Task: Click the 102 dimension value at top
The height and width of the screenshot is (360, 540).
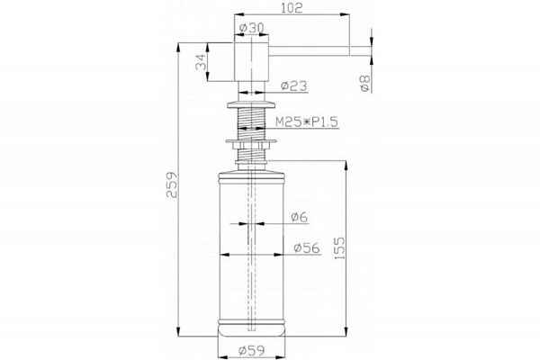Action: pyautogui.click(x=292, y=8)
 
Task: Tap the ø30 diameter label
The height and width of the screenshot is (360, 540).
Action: pyautogui.click(x=251, y=28)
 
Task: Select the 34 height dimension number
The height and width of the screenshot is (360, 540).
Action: pyautogui.click(x=201, y=62)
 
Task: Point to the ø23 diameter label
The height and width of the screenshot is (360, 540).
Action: pyautogui.click(x=293, y=85)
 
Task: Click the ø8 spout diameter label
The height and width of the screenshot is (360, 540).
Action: pyautogui.click(x=364, y=84)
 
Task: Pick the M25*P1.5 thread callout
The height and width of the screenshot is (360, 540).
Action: pyautogui.click(x=307, y=122)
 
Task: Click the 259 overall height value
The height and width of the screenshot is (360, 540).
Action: pyautogui.click(x=172, y=185)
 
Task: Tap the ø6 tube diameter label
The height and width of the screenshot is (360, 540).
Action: pyautogui.click(x=299, y=217)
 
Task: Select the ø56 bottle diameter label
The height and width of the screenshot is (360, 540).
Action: pyautogui.click(x=307, y=247)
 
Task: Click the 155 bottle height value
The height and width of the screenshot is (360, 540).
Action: pyautogui.click(x=339, y=248)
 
